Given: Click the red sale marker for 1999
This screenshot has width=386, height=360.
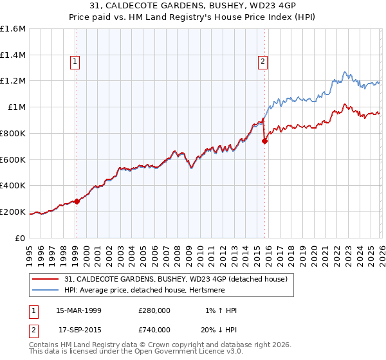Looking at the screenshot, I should coord(77,201).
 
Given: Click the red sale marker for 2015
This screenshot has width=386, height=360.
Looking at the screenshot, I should coord(264,141).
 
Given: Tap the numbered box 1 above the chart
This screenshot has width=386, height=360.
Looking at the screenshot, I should coord(76,62).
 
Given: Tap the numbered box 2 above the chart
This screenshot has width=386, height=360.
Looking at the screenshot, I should coord(264,62).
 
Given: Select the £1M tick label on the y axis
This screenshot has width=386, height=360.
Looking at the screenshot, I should coord(17,107).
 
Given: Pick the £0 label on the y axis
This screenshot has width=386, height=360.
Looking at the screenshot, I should coord(21,238).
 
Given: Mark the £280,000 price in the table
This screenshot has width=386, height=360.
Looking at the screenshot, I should coord(154,310).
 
